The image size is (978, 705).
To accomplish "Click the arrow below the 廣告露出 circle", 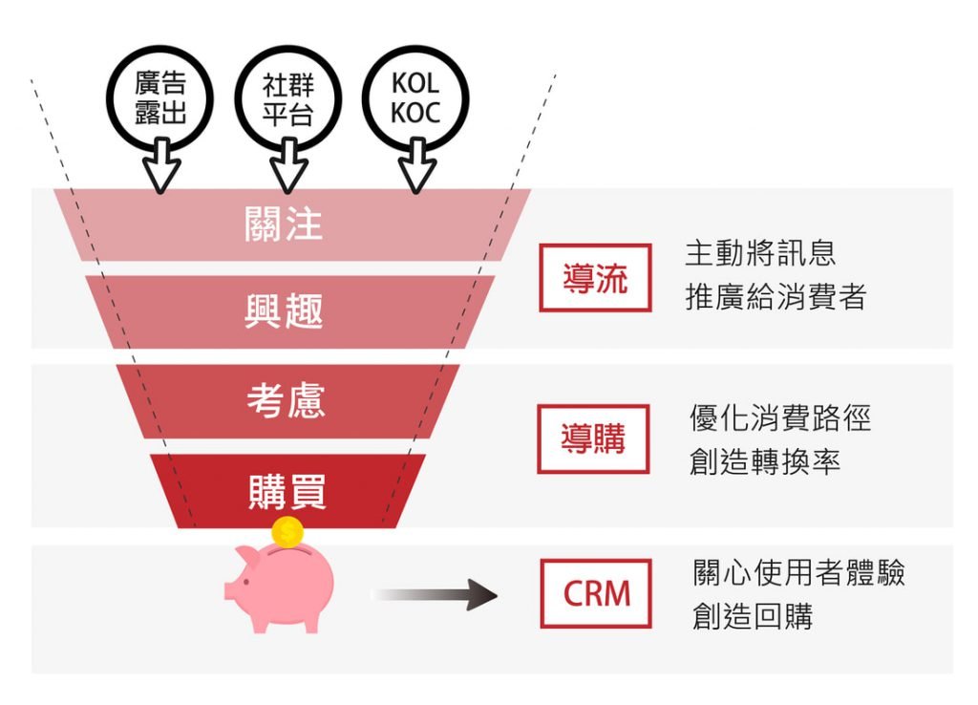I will (161, 166).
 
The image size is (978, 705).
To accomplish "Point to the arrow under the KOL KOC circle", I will (416, 166).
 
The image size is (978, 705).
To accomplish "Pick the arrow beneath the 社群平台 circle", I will (288, 166).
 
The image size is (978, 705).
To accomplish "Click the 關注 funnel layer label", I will (284, 224).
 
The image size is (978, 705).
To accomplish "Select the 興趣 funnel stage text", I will (284, 311).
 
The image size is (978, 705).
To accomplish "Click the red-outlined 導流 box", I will (595, 278).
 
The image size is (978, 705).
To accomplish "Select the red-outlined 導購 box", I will (593, 438).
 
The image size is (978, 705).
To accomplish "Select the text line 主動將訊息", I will (760, 253).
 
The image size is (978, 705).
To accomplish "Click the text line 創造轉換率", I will (764, 462).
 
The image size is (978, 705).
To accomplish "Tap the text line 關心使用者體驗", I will (798, 573).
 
